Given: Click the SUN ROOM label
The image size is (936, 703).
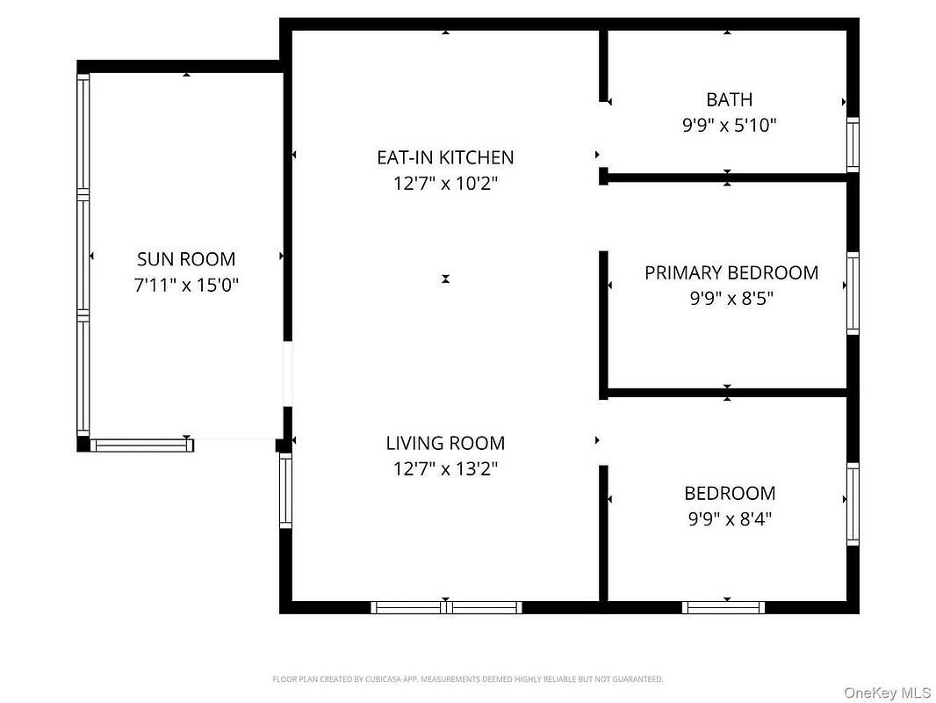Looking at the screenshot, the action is (x=186, y=259).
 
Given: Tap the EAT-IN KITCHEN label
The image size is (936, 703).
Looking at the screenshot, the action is (x=445, y=157).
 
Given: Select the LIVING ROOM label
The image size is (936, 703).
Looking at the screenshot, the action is (x=445, y=443).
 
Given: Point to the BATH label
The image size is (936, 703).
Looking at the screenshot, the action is (x=729, y=100).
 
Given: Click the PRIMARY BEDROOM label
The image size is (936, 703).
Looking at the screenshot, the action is (x=731, y=273).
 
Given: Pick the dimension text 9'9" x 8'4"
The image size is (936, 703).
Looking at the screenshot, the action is (x=730, y=519).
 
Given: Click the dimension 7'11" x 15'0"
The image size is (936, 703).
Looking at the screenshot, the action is (x=186, y=285).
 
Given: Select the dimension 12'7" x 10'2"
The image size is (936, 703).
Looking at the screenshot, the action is (x=445, y=184).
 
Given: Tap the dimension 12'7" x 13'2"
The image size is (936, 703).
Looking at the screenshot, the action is (x=445, y=469).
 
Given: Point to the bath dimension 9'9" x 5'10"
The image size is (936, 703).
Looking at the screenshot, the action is (x=729, y=126).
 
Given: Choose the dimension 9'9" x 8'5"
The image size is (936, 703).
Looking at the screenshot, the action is (x=731, y=299).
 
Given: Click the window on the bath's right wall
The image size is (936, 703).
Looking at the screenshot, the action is (x=853, y=144).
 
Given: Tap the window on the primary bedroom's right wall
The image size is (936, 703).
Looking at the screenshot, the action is (x=853, y=294).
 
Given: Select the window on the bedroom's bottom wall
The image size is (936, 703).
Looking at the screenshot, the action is (x=724, y=607).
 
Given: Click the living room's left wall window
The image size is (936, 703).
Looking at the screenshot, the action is (x=286, y=491).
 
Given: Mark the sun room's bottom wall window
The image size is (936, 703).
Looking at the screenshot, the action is (x=142, y=446).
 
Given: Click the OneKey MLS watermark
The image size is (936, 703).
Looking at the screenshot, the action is (x=887, y=692).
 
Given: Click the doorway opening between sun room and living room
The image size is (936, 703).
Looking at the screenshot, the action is (x=288, y=373).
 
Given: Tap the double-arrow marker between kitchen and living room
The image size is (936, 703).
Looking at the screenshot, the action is (x=445, y=279).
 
